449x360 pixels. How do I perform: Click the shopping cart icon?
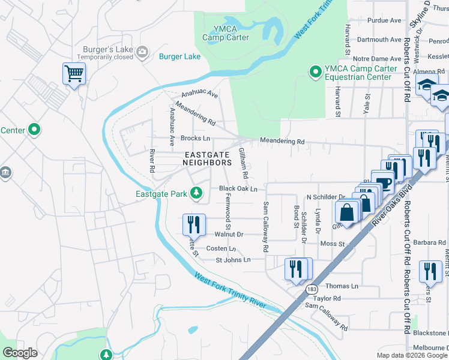pyautogui.click(x=74, y=74)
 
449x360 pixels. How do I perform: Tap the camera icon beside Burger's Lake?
pyautogui.click(x=142, y=52)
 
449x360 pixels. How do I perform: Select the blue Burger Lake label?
pyautogui.click(x=179, y=57)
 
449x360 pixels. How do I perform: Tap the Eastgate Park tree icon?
pyautogui.click(x=195, y=193)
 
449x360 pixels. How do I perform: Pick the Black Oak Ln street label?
pyautogui.click(x=238, y=188)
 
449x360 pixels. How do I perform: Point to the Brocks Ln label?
pyautogui.click(x=195, y=138)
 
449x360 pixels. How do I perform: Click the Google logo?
pyautogui.click(x=20, y=353)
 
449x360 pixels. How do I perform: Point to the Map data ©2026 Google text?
pyautogui.click(x=412, y=355)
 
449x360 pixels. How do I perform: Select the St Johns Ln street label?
pyautogui.click(x=233, y=260)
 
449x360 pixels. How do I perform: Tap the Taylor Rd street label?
pyautogui.click(x=327, y=298)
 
